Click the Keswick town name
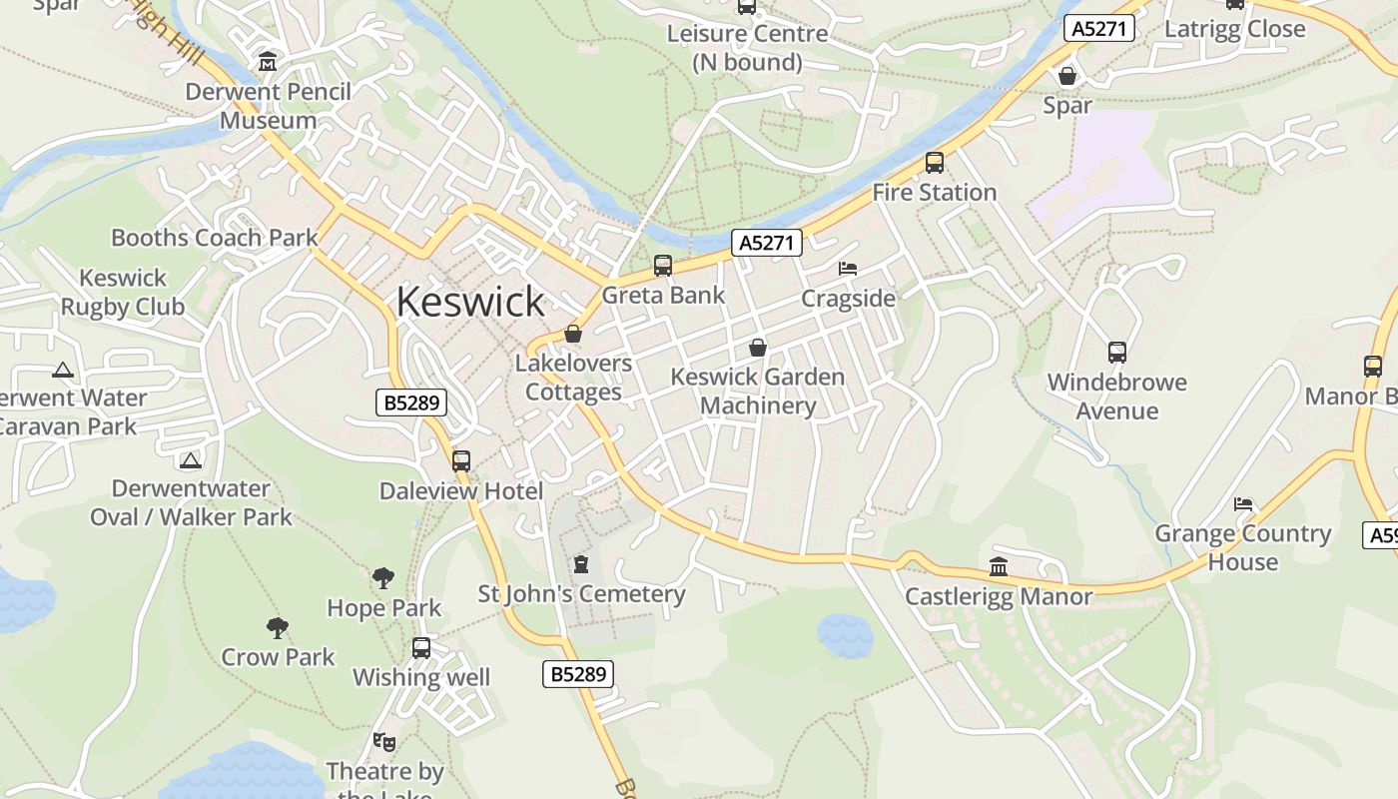pos(470,302)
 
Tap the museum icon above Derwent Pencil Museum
pos(268,62)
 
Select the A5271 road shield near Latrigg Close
pos(1099,29)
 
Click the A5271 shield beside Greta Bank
pos(767,243)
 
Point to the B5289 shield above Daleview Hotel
pos(411,403)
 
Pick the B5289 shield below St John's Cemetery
pos(578,674)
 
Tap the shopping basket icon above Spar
pos(1067,76)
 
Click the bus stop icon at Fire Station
pos(935,163)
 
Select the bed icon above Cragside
pos(848,269)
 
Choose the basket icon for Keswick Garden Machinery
pos(758,348)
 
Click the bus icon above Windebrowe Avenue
pos(1117,353)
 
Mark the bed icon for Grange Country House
pos(1243,504)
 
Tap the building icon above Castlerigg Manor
pos(999,567)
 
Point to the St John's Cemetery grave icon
pos(581,565)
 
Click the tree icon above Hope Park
pos(383,578)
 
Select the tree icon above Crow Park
pos(278,628)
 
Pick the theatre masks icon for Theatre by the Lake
pos(383,742)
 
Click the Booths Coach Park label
pos(214,238)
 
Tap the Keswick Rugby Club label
pos(123,292)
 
